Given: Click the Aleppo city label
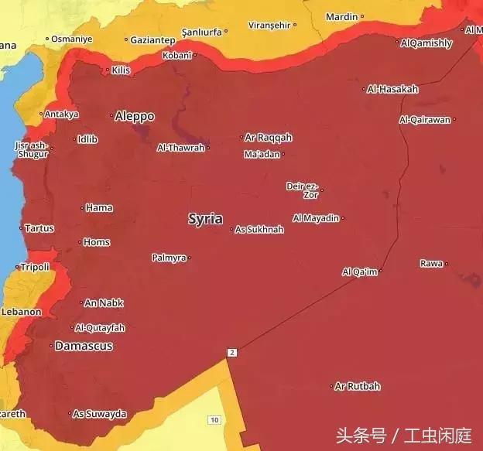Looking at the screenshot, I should point(135,116).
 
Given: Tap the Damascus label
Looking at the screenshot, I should point(84,346).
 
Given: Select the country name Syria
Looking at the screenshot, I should point(205,219).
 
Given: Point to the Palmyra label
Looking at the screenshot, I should point(169,258).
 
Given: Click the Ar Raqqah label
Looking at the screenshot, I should point(269,138).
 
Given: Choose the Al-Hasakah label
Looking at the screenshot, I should point(393,89).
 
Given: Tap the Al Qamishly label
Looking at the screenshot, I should point(426,43).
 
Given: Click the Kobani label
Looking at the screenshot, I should point(177,55).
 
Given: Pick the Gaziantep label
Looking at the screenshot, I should point(152,39).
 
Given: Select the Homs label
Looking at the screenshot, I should point(97,242).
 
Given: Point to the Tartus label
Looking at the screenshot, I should point(39,228).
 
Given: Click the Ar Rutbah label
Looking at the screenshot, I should point(358,386).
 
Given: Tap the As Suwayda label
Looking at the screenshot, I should point(99,414).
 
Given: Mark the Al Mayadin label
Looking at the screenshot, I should point(316,218).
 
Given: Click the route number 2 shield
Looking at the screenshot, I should point(231,353).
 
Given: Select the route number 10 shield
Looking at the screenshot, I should point(214,419).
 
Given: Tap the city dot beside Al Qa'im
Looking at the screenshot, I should point(381,272).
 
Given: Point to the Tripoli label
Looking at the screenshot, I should point(35,267).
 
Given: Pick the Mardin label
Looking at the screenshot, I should point(341,16).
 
